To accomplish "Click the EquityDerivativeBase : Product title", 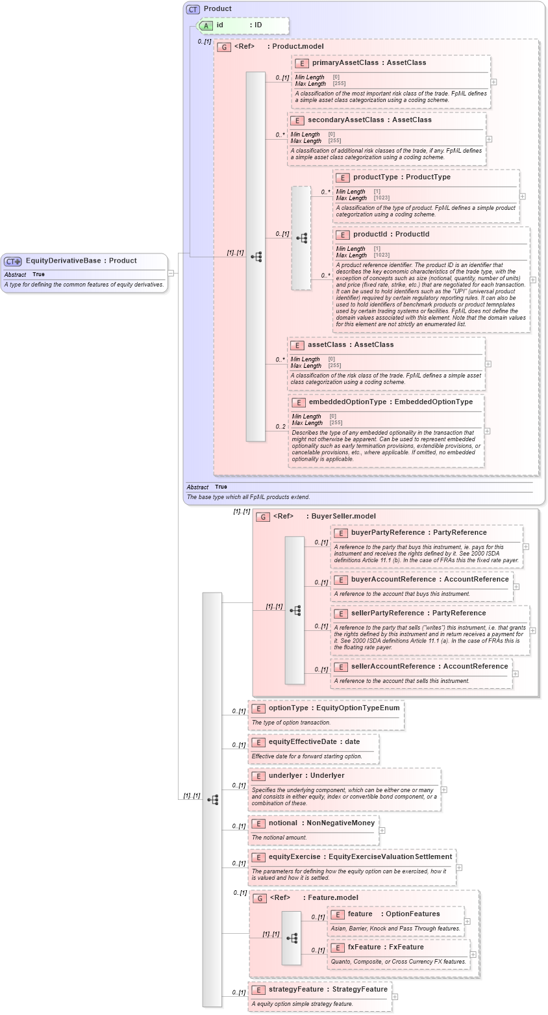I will [x=81, y=261].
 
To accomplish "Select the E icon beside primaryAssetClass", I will [x=301, y=63].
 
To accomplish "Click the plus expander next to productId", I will [x=533, y=280].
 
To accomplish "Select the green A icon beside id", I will [x=206, y=25].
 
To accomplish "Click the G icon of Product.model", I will [x=223, y=47].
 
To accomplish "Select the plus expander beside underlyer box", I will [x=444, y=790].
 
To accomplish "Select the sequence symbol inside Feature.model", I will [x=292, y=938].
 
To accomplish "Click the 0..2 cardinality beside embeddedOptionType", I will [x=280, y=427].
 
